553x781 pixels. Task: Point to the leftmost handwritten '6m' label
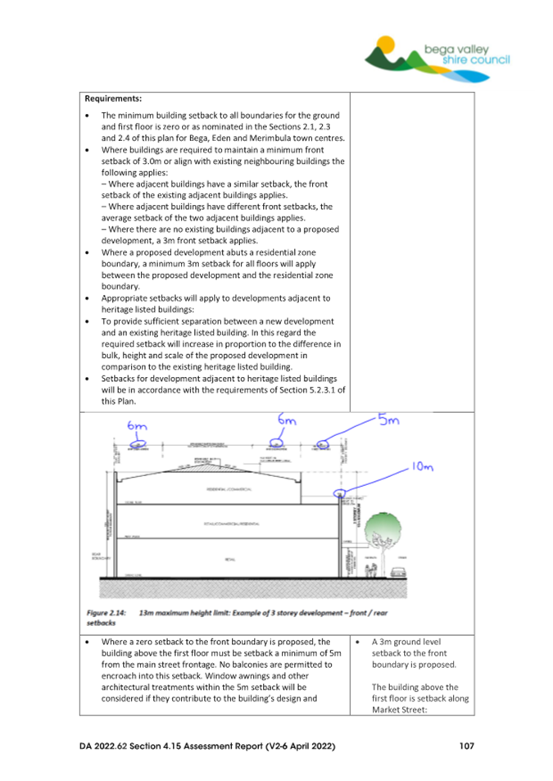click(136, 427)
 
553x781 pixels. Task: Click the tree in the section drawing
click(376, 531)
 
